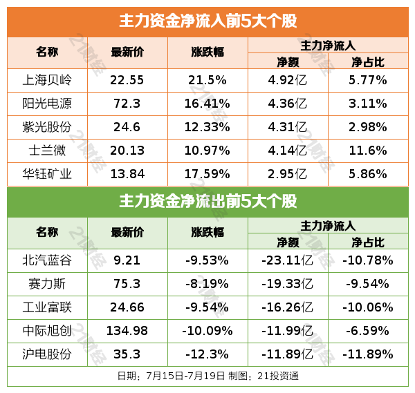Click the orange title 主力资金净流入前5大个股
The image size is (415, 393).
207,21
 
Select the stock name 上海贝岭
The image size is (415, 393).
47,79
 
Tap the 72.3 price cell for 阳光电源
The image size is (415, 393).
127,104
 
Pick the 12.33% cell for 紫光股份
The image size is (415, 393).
207,127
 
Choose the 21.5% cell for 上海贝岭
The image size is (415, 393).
207,79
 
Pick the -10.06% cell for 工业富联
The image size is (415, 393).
368,307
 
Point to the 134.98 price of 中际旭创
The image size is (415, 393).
127,330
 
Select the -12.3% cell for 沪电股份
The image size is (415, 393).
207,354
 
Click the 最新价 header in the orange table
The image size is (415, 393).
127,52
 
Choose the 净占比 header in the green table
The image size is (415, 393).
368,242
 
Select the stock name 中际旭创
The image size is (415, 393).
47,330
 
